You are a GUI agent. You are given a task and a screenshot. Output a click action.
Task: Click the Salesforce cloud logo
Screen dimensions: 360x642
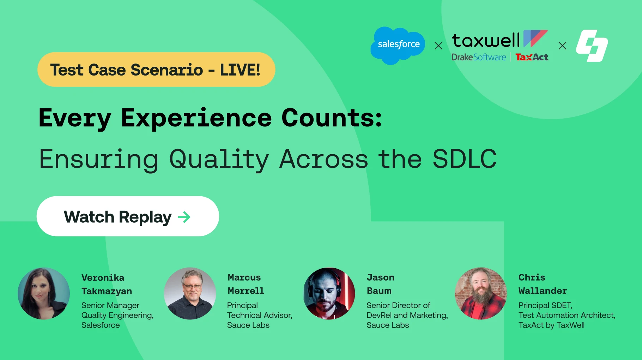[x=398, y=45]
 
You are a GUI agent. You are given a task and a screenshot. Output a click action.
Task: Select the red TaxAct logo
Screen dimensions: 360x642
[x=532, y=57]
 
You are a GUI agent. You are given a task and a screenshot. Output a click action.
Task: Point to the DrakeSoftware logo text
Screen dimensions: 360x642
[x=478, y=57]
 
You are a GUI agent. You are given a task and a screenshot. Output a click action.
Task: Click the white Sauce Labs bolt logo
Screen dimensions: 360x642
[x=592, y=46]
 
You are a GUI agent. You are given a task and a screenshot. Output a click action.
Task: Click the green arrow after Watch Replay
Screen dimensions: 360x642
[x=184, y=217]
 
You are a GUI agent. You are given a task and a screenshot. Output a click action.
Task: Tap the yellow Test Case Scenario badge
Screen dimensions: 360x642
[x=156, y=70]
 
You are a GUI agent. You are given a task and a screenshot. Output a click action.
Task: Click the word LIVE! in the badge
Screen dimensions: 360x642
[x=240, y=70]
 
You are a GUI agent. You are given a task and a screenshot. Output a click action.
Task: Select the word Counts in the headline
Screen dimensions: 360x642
[x=331, y=118]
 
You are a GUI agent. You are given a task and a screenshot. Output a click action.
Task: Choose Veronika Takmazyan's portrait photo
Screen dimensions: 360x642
[x=44, y=294]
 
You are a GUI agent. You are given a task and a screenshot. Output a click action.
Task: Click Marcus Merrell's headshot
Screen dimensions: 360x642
[x=190, y=294]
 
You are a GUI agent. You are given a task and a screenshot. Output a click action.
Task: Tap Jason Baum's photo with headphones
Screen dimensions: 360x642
[x=329, y=294]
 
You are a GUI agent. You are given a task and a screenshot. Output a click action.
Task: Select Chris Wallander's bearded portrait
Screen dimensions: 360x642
[x=480, y=294]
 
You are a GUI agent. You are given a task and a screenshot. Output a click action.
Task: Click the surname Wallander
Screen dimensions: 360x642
[x=543, y=291]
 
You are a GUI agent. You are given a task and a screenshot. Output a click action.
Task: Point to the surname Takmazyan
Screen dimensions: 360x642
[x=107, y=291]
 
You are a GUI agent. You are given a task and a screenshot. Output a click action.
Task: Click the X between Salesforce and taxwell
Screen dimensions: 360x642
[x=438, y=46]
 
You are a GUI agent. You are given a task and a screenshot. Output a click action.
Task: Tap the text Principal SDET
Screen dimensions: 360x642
[x=545, y=305]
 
